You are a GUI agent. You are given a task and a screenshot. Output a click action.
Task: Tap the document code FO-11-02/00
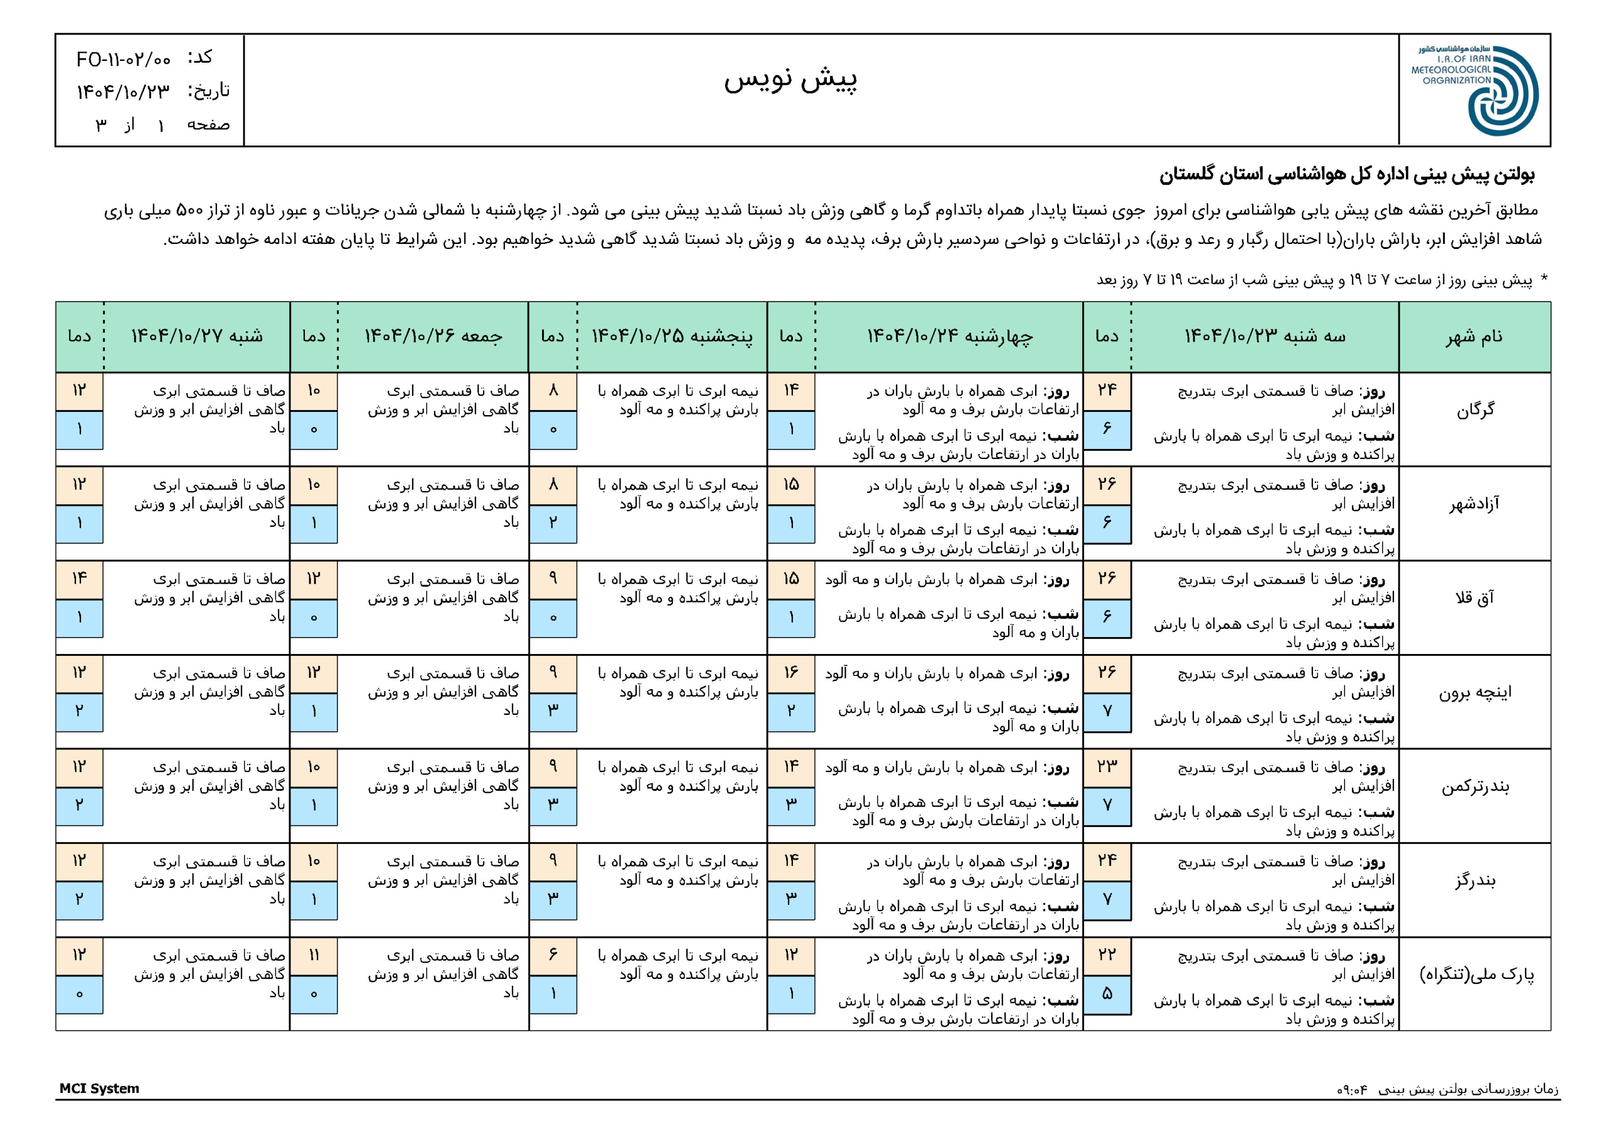[x=123, y=60]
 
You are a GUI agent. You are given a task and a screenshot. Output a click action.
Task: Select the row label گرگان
[x=1474, y=411]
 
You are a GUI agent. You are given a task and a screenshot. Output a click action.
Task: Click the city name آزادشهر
[x=1474, y=504]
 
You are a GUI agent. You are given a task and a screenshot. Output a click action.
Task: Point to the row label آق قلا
[x=1474, y=598]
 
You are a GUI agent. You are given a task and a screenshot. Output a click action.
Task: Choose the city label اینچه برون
[x=1474, y=692]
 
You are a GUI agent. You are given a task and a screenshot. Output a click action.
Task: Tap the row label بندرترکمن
[x=1474, y=787]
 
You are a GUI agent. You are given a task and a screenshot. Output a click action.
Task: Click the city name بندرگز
[x=1474, y=880]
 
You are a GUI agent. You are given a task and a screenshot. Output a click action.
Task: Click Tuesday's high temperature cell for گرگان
[x=1107, y=390]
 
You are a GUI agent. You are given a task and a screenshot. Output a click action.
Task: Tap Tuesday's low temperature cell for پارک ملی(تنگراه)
[x=1107, y=994]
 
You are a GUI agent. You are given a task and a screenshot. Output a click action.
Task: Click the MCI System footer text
[x=99, y=1089]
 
